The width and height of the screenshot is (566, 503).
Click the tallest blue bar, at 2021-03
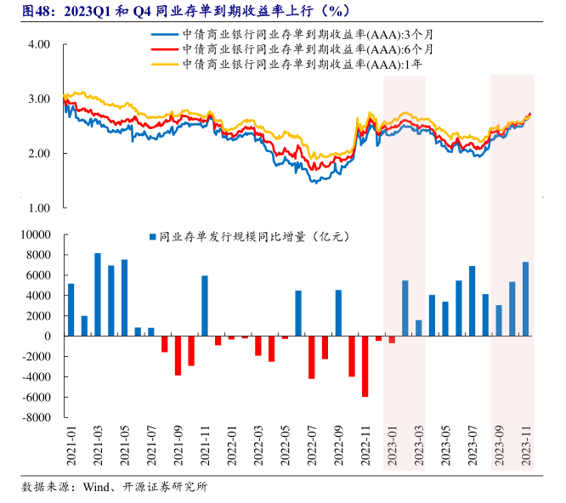98,294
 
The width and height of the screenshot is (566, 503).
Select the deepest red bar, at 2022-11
365,366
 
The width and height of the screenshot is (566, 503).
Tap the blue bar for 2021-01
71,309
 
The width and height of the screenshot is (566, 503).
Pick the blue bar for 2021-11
205,306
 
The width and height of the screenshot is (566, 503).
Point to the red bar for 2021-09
178,355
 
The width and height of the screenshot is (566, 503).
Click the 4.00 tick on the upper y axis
39,44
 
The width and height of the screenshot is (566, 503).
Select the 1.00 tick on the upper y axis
39,207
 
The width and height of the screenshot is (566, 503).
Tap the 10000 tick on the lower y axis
35,235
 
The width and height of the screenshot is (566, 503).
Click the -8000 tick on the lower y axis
35,417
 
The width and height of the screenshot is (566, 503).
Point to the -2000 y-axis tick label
35,357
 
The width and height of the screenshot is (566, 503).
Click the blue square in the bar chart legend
152,238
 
